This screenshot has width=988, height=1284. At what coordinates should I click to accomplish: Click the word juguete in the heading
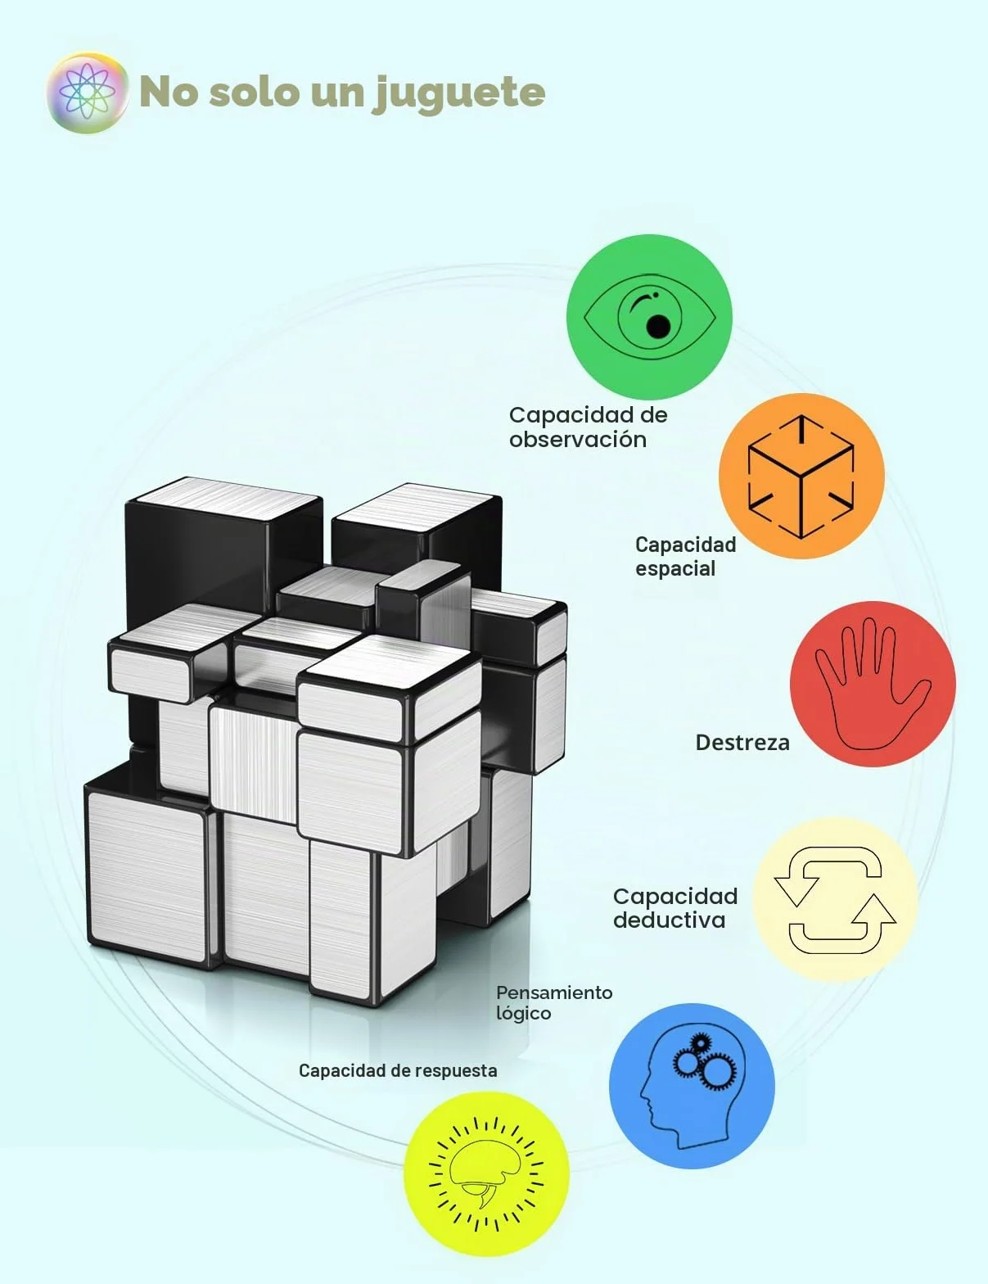pyautogui.click(x=457, y=94)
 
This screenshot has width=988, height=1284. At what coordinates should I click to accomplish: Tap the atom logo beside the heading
pyautogui.click(x=88, y=93)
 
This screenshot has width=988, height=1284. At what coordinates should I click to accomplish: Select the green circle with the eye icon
pyautogui.click(x=649, y=317)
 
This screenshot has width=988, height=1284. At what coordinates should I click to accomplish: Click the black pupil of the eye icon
pyautogui.click(x=657, y=326)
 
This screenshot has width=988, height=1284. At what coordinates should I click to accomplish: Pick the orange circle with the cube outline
pyautogui.click(x=801, y=477)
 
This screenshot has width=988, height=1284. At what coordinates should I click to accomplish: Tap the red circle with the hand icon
pyautogui.click(x=873, y=685)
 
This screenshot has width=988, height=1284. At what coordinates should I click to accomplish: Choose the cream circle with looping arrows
pyautogui.click(x=835, y=901)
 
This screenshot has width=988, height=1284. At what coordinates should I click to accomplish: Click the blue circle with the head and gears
pyautogui.click(x=692, y=1086)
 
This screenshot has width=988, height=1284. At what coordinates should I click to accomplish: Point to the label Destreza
pyautogui.click(x=742, y=743)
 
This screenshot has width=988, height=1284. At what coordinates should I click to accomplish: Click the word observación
pyautogui.click(x=578, y=440)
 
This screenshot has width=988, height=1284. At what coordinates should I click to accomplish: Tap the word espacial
pyautogui.click(x=675, y=569)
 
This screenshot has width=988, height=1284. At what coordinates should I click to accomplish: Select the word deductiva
pyautogui.click(x=669, y=920)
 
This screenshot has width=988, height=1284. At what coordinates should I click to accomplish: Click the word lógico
pyautogui.click(x=523, y=1014)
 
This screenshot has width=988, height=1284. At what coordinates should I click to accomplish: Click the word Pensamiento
pyautogui.click(x=554, y=992)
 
